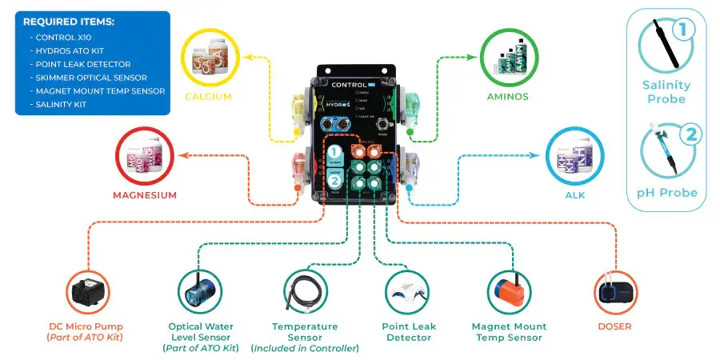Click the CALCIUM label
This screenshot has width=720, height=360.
208,97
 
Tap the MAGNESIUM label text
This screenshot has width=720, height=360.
145,194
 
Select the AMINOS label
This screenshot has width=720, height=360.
507,97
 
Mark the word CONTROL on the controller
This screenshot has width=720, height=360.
346,84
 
